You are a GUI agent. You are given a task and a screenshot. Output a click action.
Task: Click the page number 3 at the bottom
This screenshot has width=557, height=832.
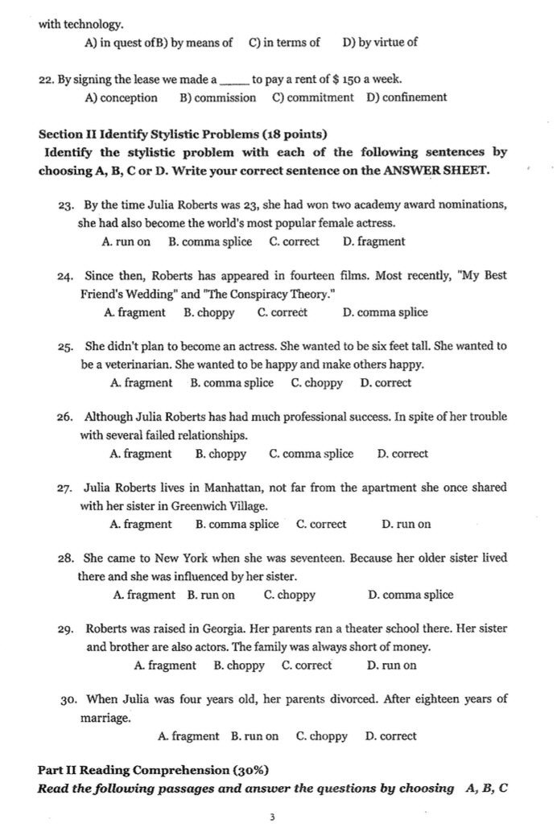click(272, 818)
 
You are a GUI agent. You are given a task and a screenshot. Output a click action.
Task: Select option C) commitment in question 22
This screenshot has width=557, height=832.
click(312, 97)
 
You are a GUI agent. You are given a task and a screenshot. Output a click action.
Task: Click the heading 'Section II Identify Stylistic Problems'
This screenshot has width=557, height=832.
click(182, 134)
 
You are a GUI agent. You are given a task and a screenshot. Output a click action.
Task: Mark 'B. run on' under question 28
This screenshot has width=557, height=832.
click(211, 595)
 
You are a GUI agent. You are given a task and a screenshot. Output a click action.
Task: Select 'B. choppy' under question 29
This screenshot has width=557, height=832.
click(239, 665)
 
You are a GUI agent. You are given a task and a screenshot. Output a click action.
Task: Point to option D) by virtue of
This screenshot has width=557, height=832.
click(380, 42)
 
